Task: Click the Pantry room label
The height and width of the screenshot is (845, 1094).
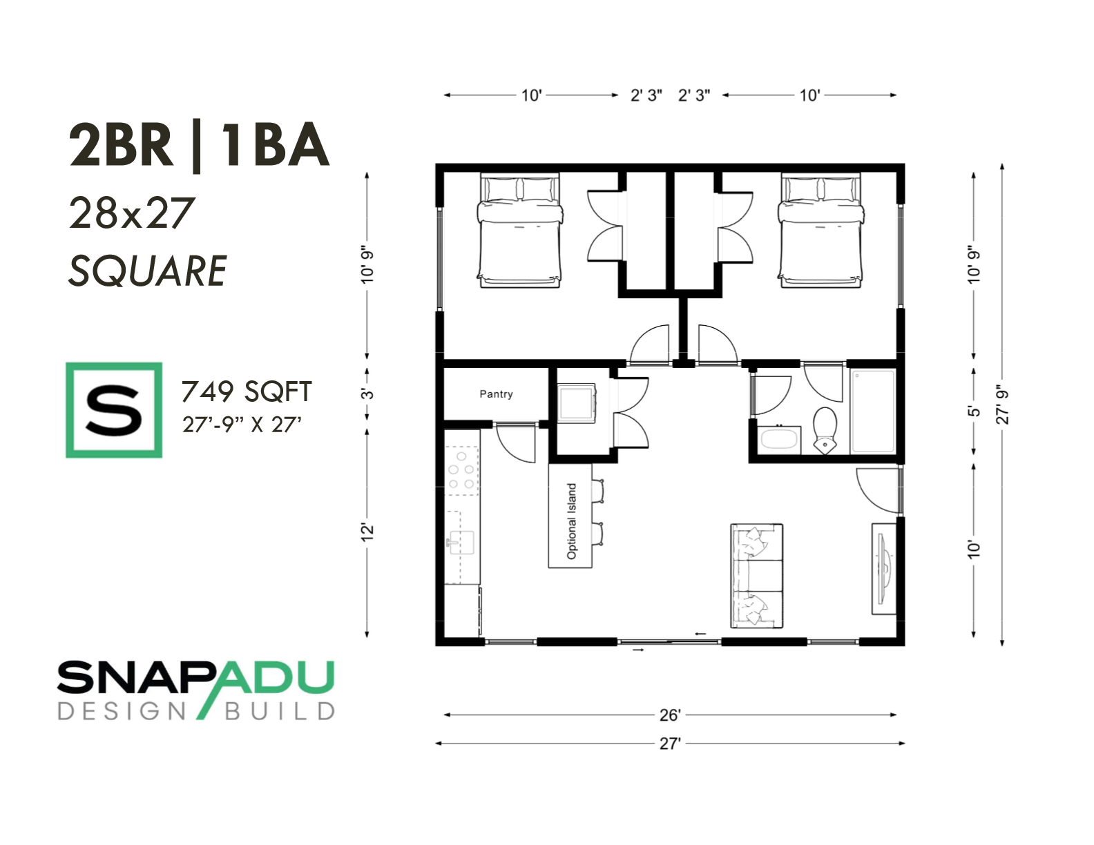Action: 496,394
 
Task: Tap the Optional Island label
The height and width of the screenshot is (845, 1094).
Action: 571,521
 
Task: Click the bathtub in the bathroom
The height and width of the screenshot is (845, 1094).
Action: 872,411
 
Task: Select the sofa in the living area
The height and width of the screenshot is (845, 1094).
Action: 757,575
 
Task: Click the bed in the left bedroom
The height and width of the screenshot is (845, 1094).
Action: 519,230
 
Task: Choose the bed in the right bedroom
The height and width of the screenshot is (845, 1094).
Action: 822,230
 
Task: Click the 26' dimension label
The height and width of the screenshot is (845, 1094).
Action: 670,715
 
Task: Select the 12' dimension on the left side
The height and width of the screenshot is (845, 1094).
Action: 368,532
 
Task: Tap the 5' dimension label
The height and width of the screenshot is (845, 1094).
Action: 975,411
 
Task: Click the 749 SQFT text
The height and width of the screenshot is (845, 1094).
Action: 247,391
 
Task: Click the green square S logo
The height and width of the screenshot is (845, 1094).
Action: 114,409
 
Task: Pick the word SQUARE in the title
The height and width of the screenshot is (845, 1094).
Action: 148,271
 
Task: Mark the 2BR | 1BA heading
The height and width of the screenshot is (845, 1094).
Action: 200,146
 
